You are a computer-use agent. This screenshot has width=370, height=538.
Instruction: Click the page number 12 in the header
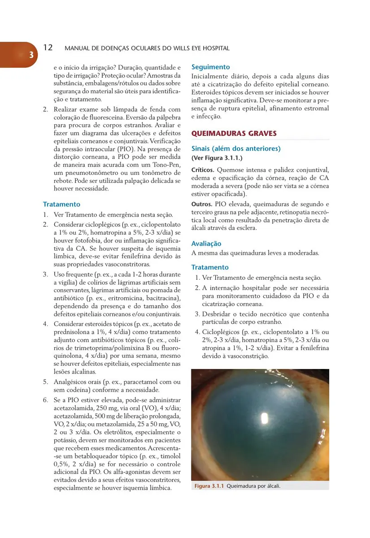[48, 48]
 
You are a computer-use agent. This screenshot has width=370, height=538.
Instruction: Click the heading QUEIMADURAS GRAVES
[234, 134]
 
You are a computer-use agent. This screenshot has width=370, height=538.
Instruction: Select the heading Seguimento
[211, 67]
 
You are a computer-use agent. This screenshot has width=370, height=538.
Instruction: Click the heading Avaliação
[206, 243]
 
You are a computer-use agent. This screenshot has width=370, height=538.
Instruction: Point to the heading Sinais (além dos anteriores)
[236, 148]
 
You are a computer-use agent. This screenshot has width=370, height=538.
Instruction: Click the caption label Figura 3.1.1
[209, 486]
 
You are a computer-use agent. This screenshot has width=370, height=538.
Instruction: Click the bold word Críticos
[203, 170]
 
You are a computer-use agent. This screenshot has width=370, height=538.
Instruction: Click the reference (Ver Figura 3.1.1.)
[217, 158]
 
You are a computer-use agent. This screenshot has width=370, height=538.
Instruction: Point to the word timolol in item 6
[170, 456]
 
